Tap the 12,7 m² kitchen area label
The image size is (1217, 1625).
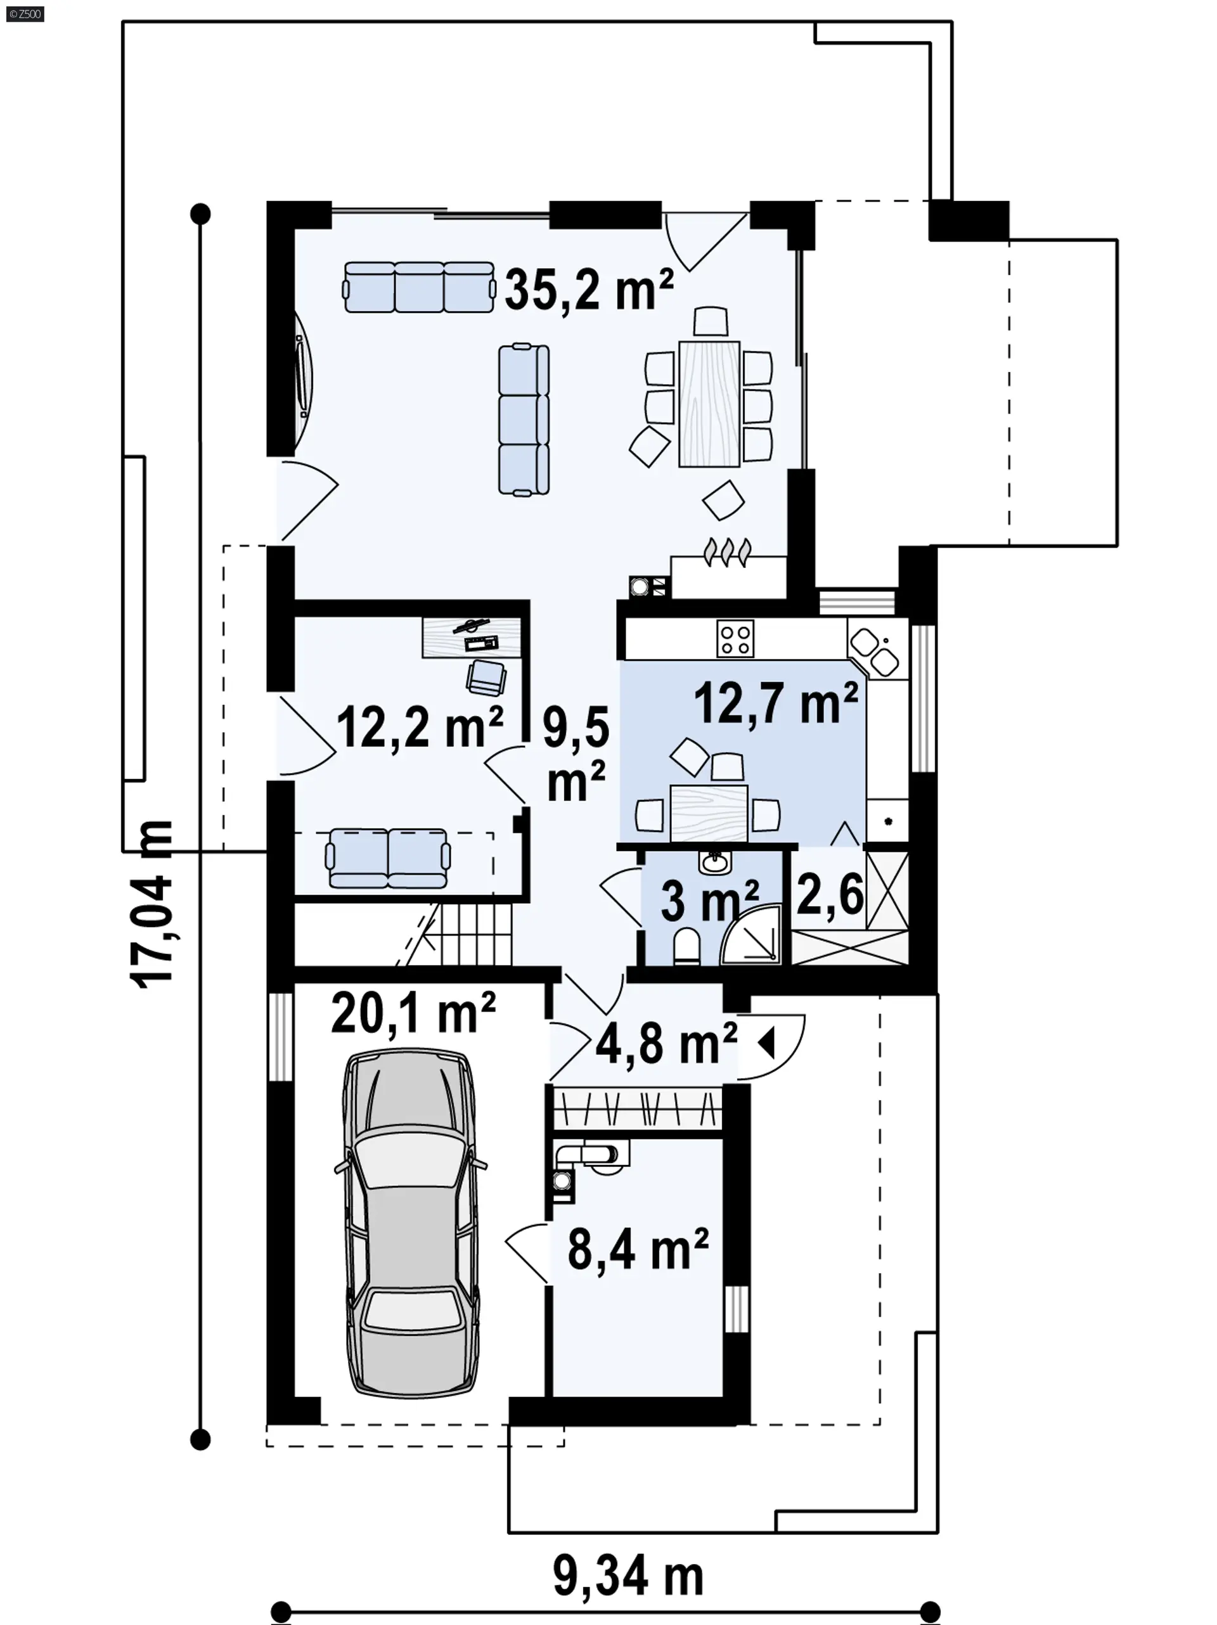775,703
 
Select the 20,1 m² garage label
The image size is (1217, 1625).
413,1012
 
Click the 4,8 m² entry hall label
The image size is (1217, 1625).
666,1043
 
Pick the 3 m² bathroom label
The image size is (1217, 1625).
709,901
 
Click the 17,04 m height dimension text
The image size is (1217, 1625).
151,904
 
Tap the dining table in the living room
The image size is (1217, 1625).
709,403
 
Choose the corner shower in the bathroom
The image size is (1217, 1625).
750,934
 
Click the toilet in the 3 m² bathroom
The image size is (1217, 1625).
686,946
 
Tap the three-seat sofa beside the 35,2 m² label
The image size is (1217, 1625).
418,286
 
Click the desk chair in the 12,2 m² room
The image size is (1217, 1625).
486,677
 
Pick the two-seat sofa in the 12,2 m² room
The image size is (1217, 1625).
387,858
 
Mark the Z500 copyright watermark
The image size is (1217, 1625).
25,13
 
